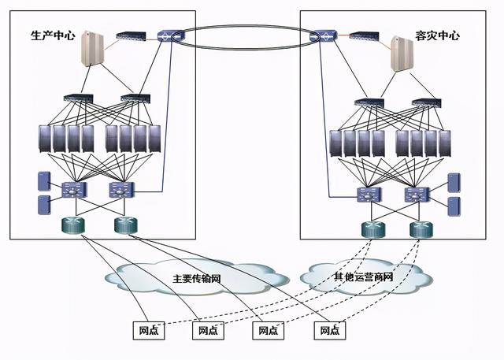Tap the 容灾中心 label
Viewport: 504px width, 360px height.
[x=437, y=36]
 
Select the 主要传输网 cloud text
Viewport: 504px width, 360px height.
[x=196, y=279]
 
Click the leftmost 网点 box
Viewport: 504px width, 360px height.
[x=147, y=330]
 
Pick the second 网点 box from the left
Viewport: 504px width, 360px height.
[x=208, y=330]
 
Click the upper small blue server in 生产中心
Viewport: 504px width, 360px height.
[x=43, y=180]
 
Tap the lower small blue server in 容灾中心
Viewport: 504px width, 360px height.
[x=454, y=206]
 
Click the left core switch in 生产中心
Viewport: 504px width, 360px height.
[x=73, y=190]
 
